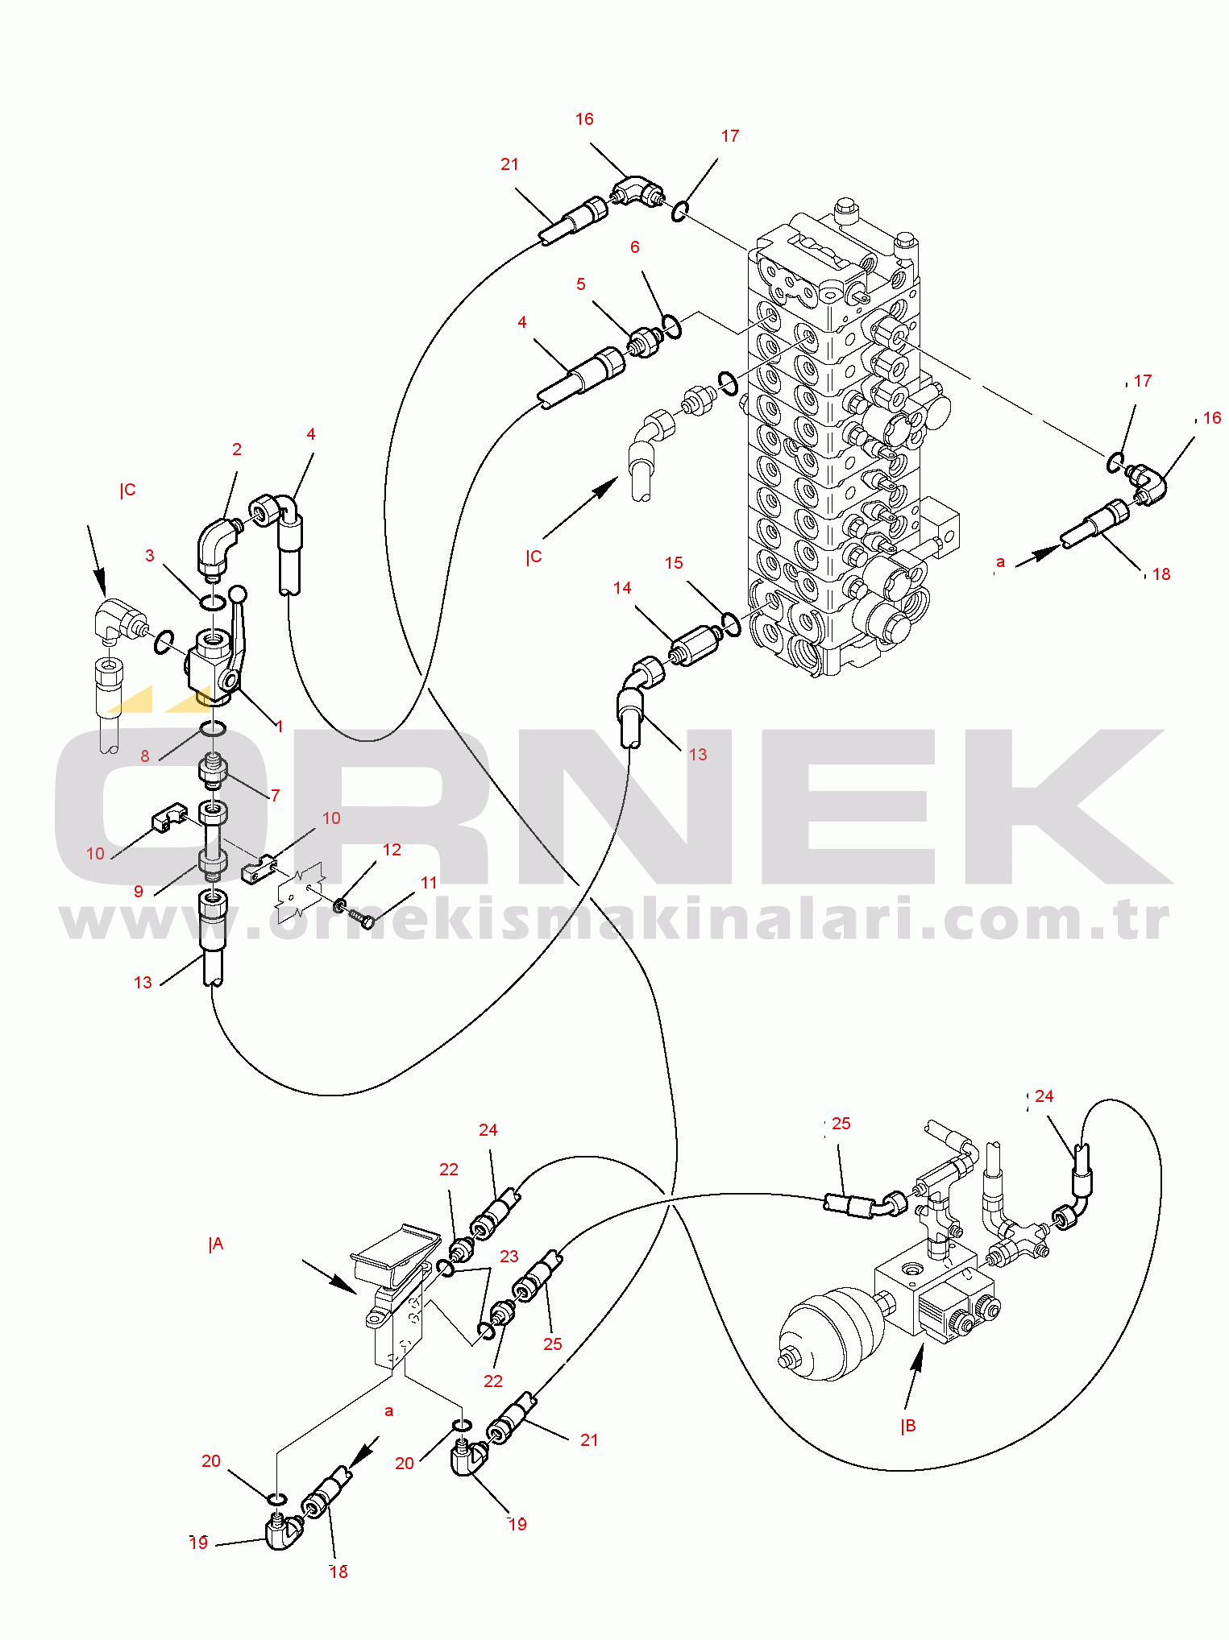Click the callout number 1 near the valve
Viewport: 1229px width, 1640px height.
[x=279, y=727]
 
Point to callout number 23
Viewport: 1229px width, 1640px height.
[x=509, y=1257]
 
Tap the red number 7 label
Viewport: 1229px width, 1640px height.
[x=276, y=796]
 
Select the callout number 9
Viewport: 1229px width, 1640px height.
[x=139, y=892]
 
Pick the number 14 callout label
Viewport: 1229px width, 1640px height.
[x=622, y=588]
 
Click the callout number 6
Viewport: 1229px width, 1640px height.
[x=635, y=247]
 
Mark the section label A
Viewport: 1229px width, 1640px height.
[x=216, y=1245]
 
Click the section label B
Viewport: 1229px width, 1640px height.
[x=908, y=1426]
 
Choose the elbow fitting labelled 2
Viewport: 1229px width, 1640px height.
[x=218, y=548]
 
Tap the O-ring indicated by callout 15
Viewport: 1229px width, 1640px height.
[x=731, y=624]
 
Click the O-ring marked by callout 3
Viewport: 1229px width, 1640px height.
[x=212, y=603]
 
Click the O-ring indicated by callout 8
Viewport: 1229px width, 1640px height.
[x=213, y=729]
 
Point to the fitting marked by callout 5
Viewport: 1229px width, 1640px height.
[x=645, y=342]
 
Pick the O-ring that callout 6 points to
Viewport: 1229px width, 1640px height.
[x=671, y=327]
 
